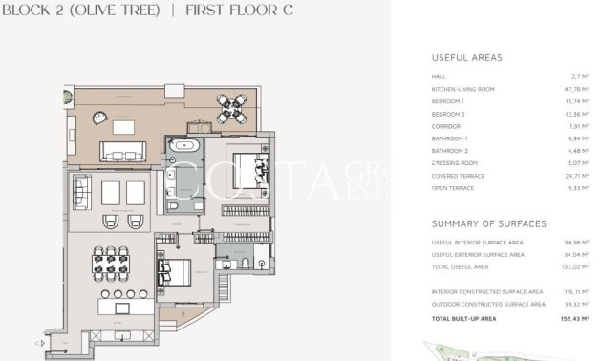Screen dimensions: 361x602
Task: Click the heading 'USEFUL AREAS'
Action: coord(466,58)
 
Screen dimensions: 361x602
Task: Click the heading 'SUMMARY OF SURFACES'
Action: coord(488,223)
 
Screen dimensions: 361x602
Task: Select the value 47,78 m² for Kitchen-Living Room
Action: coord(575,88)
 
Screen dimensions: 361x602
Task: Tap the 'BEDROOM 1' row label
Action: coord(448,100)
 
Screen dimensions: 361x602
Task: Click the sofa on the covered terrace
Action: coord(123,152)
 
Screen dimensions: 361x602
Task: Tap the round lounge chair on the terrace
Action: coord(98,117)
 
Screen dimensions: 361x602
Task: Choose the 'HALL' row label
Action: coord(440,75)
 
